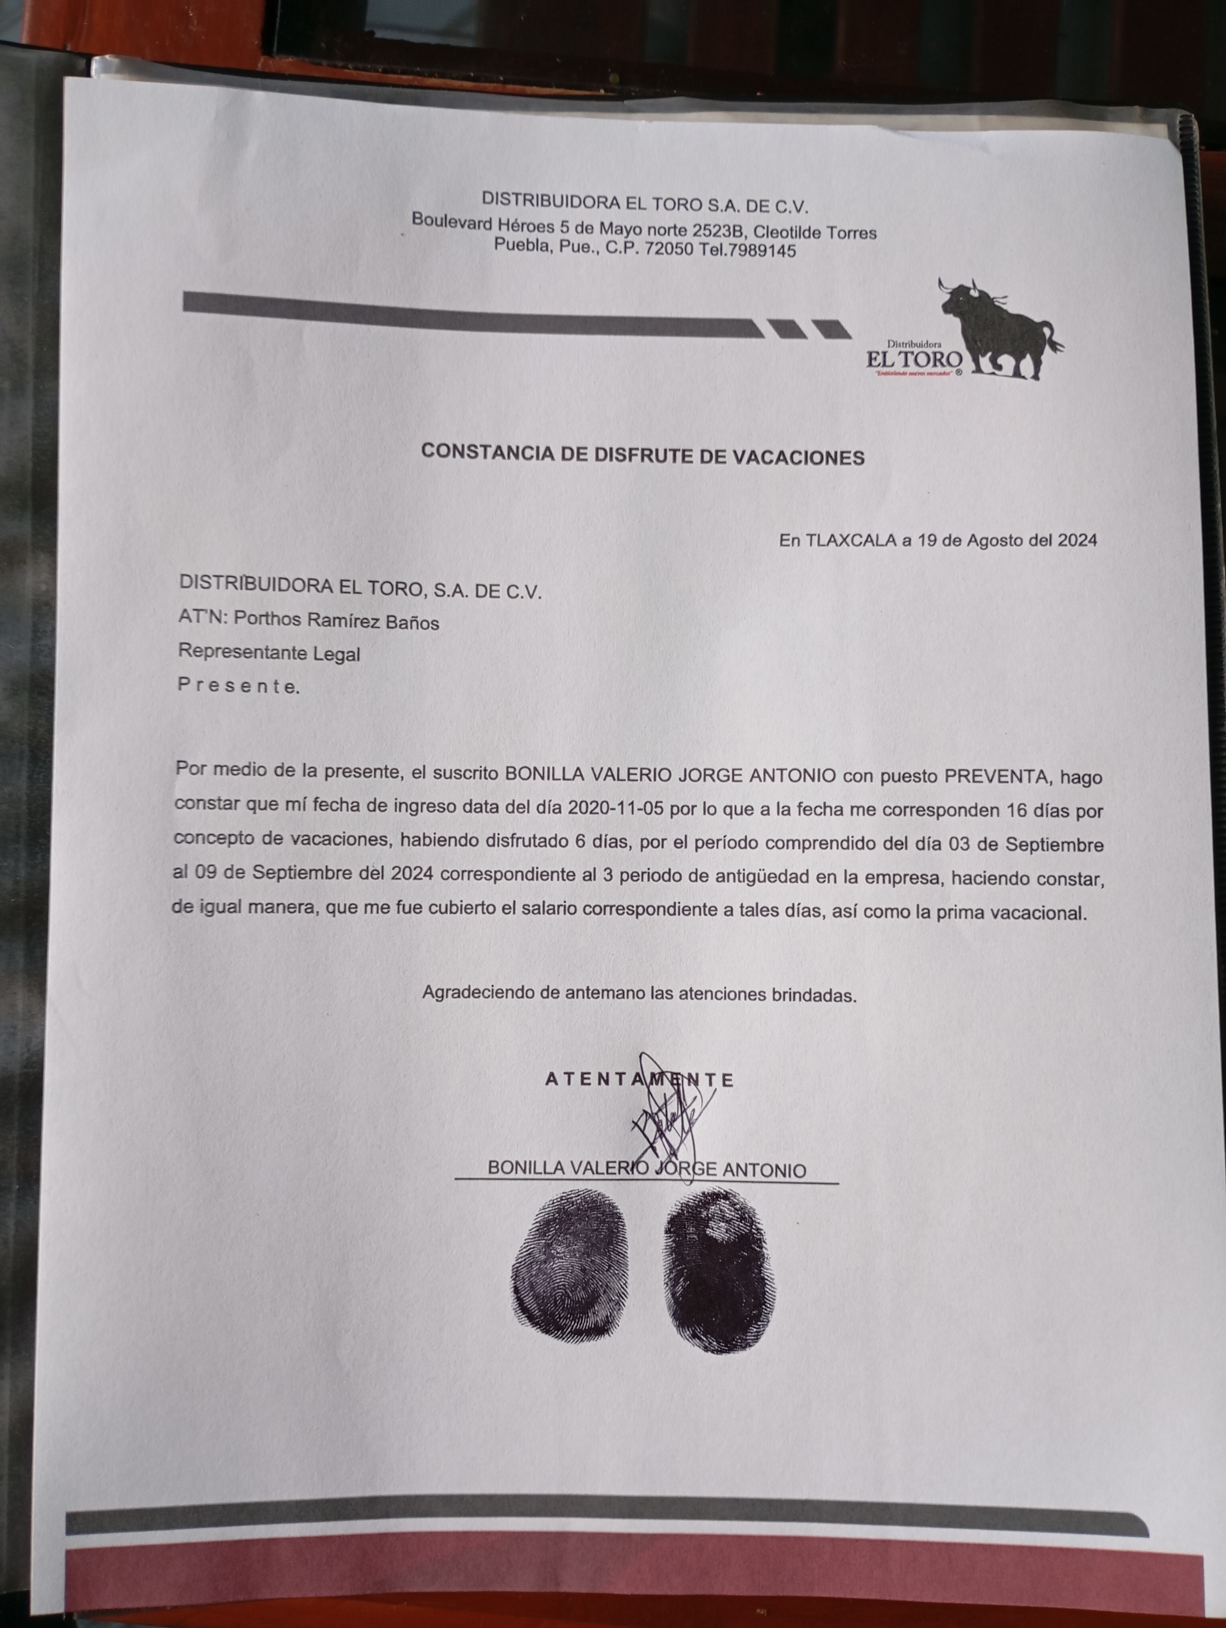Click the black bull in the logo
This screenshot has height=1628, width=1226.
point(997,328)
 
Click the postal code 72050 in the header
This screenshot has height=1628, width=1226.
point(668,249)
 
